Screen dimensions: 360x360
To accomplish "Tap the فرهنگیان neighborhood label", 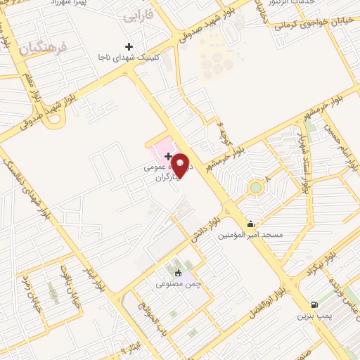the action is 43,49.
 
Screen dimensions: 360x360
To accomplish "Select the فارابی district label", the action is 138,15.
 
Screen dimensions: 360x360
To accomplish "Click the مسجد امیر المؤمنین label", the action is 250,235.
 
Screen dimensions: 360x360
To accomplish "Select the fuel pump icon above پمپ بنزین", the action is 314,304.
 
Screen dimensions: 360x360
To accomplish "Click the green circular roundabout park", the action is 255,188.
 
